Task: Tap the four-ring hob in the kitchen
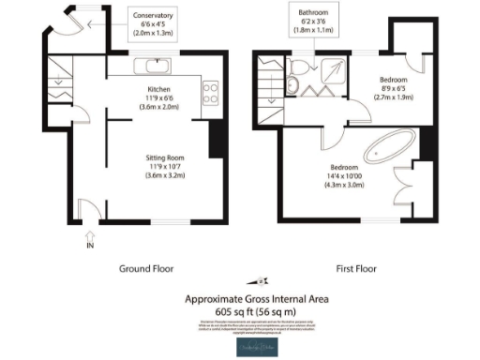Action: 211,93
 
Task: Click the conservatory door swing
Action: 67,21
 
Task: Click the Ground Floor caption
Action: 147,268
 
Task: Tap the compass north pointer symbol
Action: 261,281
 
